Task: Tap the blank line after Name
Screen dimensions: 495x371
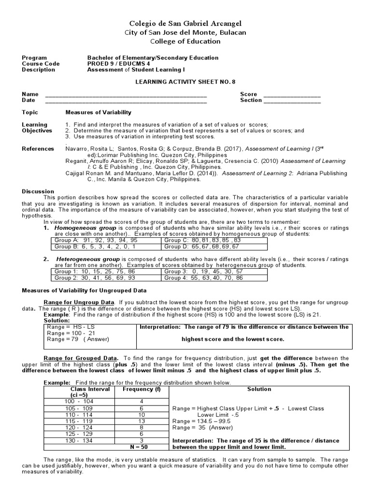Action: click(126, 95)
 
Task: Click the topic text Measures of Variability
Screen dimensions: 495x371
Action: click(98, 113)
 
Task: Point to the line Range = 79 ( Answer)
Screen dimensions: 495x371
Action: click(70, 340)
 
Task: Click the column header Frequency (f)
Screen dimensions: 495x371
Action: click(141, 389)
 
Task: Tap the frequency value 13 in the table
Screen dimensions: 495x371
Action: click(142, 421)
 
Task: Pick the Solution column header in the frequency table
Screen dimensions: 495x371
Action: click(259, 389)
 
